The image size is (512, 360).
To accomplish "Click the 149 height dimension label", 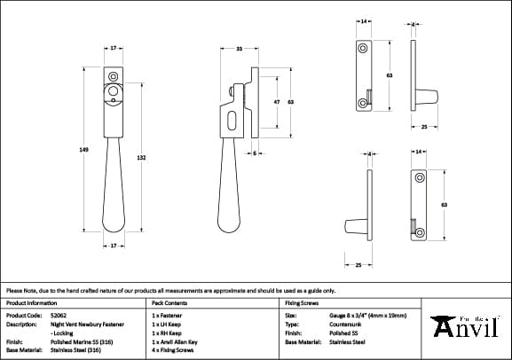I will (x=83, y=150).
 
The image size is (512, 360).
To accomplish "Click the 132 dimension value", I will (x=141, y=157).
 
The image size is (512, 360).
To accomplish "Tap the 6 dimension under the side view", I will (x=255, y=153).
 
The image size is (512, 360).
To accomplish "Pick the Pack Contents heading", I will (x=167, y=302).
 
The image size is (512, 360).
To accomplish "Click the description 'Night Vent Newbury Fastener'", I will (x=86, y=324).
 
